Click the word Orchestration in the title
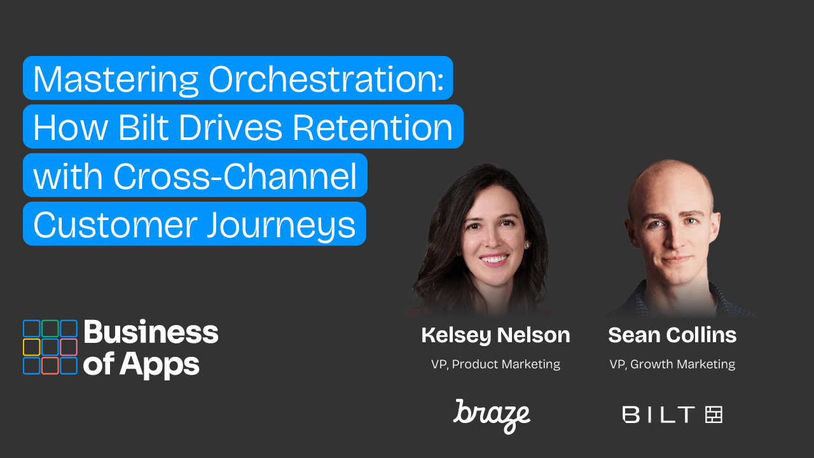(326, 79)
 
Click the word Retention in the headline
(373, 127)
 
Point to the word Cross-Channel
(235, 176)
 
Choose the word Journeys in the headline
(281, 226)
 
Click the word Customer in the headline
(115, 225)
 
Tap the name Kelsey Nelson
(495, 335)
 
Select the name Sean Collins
(672, 335)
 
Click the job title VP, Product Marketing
(495, 364)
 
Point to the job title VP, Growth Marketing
(672, 364)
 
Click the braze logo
(492, 416)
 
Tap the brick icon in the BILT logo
(714, 415)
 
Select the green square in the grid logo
(50, 329)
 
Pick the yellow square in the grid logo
(32, 347)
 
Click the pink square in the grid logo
(69, 347)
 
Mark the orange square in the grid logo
(50, 366)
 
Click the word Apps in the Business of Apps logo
(160, 365)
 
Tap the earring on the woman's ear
(527, 246)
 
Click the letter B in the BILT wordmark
(630, 415)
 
